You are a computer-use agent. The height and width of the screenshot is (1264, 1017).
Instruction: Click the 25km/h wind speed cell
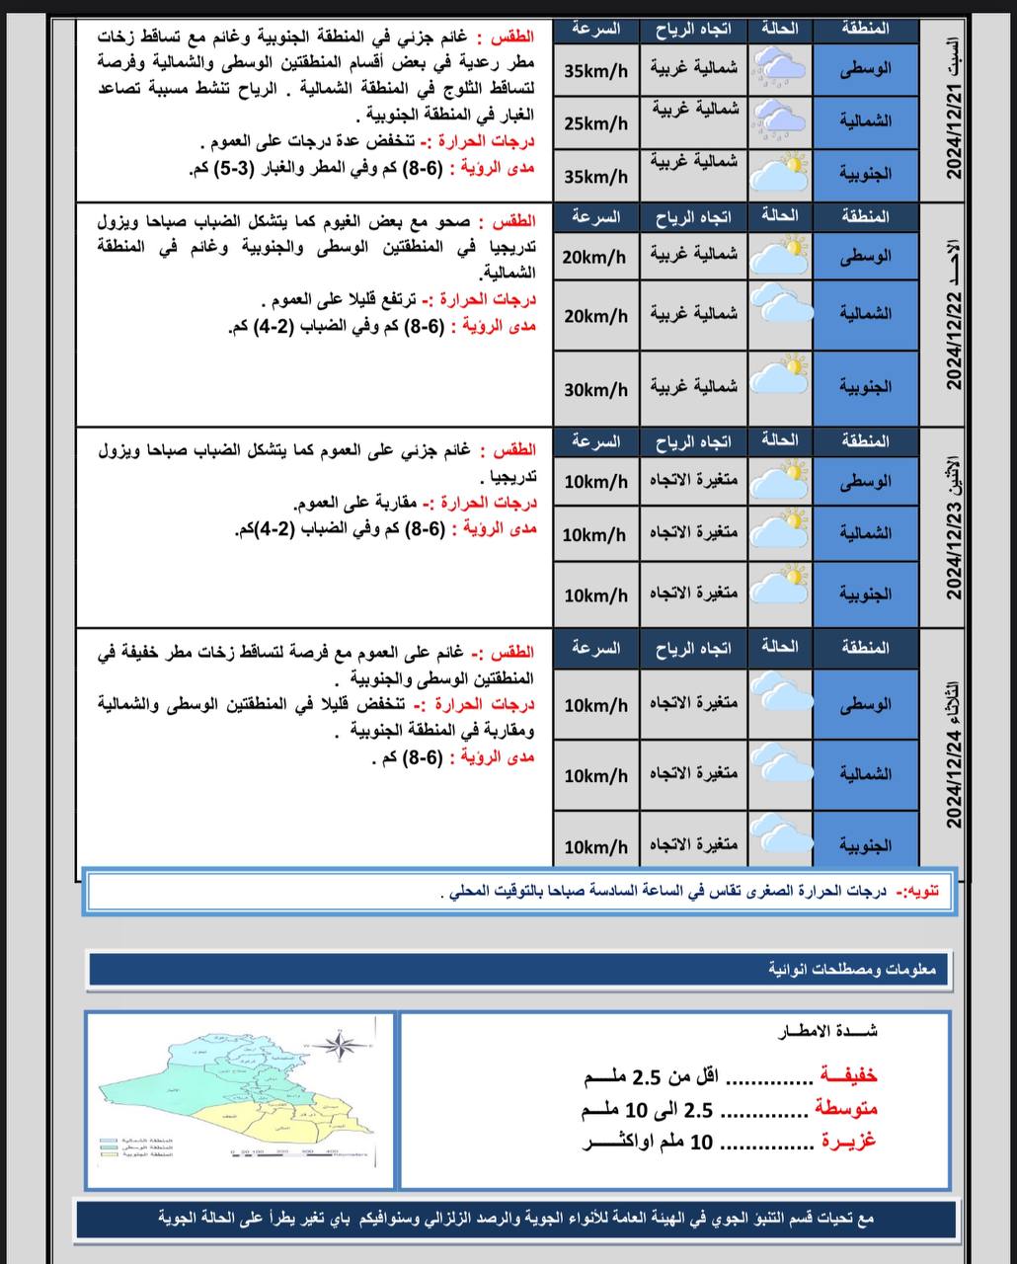coord(595,123)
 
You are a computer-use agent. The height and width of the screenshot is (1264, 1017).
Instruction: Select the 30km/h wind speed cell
coord(595,390)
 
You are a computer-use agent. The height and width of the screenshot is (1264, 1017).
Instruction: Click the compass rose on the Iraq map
coord(339,1043)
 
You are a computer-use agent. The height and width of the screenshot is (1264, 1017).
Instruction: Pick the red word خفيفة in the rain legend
coord(848,1075)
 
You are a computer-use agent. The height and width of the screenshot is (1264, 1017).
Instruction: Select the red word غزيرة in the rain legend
coord(848,1142)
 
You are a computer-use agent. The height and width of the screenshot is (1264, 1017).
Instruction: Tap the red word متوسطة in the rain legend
coord(846,1109)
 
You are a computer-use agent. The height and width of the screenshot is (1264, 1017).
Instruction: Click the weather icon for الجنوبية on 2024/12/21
coord(780,173)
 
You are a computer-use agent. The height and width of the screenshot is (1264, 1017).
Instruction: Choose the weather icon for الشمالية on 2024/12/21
coord(780,120)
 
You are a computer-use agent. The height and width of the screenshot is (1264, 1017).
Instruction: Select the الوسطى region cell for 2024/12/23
coord(866,482)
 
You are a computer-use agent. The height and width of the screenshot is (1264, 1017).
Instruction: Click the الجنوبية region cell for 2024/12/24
coord(866,845)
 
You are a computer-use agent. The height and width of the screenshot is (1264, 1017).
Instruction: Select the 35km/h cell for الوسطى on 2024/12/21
coord(595,71)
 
